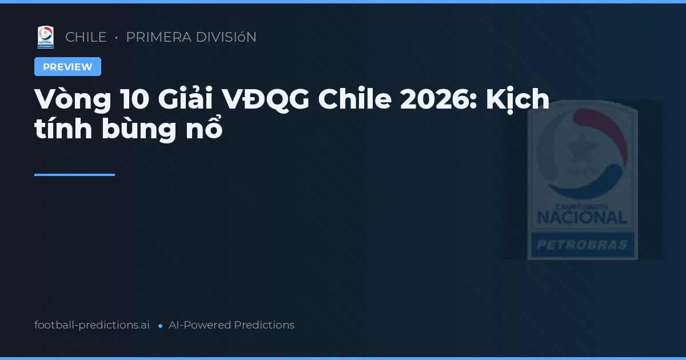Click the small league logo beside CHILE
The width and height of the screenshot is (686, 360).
(x=46, y=37)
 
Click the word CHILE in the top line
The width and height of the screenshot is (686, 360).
(x=86, y=37)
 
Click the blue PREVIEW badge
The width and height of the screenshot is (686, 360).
(x=67, y=67)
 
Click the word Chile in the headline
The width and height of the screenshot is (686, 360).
(x=355, y=101)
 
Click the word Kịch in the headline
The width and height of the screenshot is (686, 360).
(x=518, y=101)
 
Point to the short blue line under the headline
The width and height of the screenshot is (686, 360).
(x=74, y=175)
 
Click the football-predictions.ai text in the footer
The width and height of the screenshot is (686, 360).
(x=92, y=325)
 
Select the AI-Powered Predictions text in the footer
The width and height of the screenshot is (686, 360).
(x=232, y=325)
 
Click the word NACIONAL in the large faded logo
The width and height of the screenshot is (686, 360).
(x=582, y=217)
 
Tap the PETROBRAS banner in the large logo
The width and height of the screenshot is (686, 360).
(x=582, y=246)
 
